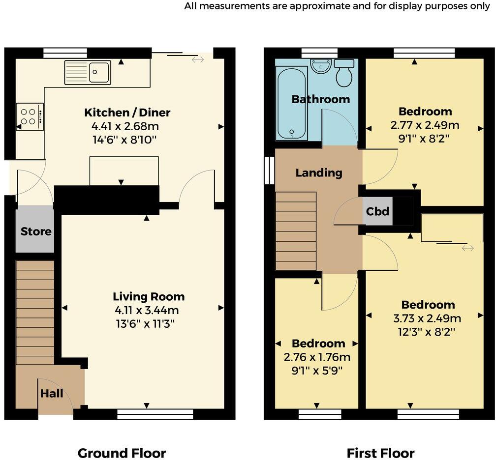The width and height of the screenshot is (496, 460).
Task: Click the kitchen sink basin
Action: pos(99,72)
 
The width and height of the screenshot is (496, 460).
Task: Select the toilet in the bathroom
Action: pos(344,73)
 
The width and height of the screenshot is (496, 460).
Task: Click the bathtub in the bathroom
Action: pos(292,103)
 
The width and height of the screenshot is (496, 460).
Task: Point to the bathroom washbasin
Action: pos(321,66)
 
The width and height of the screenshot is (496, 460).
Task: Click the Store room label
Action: pos(36,231)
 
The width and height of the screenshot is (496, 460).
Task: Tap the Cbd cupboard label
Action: pos(377,211)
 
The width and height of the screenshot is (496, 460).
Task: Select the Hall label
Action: pos(52,393)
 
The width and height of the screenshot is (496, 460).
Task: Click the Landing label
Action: pos(319,172)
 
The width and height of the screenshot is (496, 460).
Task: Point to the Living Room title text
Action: pos(149,297)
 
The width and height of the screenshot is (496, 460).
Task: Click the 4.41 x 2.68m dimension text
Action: pos(125,126)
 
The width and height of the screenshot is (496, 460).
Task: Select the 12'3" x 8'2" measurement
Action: pos(427,332)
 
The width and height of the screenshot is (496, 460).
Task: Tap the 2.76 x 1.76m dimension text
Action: pos(317,357)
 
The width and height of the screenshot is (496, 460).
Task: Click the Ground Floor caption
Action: pos(122,453)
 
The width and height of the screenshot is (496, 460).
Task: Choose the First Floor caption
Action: pos(380,453)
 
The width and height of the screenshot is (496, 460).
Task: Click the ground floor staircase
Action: pos(35,313)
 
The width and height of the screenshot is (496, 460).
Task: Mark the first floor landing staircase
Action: pos(296,231)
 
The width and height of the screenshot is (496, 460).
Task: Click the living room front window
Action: pos(155,414)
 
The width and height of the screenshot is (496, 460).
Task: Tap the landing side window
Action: pos(270,170)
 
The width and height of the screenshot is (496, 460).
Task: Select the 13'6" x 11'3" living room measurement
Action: pos(145,324)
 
